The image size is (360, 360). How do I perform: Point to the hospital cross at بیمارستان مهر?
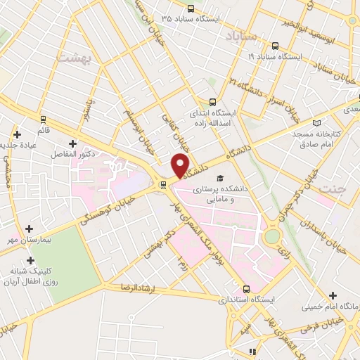(x=29, y=229)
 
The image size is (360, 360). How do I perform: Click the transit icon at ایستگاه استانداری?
(x=246, y=288)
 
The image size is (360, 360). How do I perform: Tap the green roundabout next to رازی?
(x=271, y=237)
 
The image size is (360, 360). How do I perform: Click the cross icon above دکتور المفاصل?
(x=72, y=143)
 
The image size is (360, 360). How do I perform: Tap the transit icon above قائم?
(x=44, y=120)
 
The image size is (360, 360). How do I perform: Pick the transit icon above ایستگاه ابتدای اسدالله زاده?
(x=212, y=101)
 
